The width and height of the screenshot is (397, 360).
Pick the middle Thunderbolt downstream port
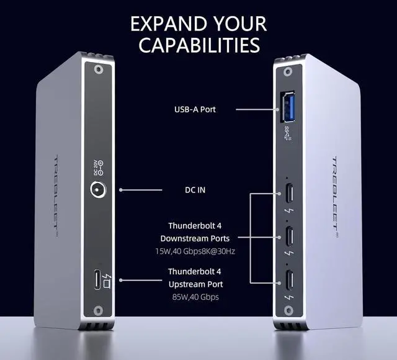point(289,236)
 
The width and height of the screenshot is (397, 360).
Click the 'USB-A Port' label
point(195,110)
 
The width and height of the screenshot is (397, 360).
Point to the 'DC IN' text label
point(195,190)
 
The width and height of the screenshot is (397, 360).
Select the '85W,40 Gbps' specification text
point(195,297)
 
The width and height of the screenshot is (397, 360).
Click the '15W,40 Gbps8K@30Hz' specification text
point(195,251)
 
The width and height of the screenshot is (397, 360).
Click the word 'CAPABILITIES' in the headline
point(198,45)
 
